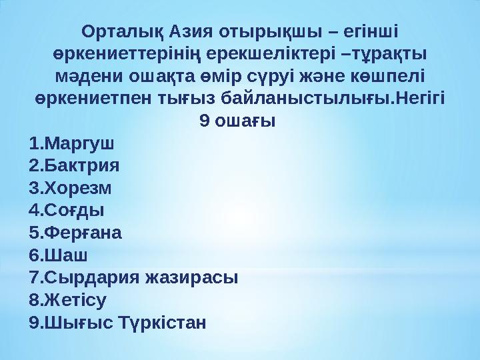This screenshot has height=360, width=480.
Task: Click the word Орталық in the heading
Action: pos(121,31)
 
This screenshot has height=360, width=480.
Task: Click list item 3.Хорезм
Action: pos(71,187)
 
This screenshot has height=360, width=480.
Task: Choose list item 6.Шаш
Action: pos(59,255)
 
